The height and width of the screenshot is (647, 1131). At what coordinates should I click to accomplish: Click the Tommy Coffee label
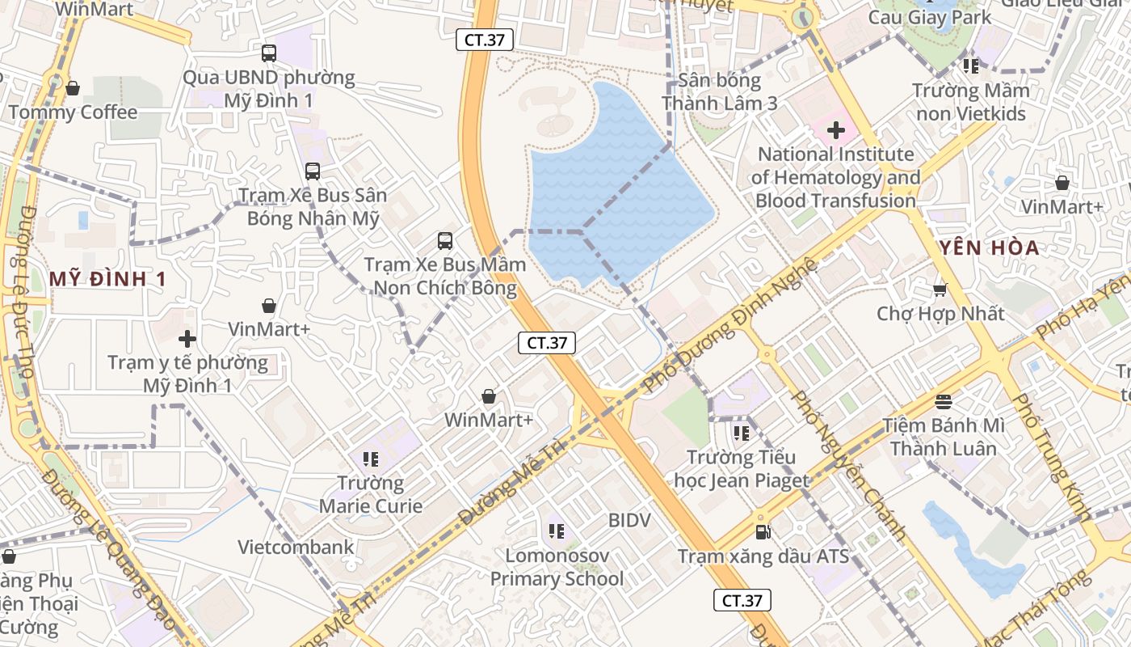(74, 112)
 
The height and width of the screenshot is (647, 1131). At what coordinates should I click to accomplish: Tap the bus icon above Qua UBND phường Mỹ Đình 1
(269, 53)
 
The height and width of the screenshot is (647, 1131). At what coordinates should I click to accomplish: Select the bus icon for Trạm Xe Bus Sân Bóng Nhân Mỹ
(313, 171)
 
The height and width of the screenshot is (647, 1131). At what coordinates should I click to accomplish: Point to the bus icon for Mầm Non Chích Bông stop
(445, 240)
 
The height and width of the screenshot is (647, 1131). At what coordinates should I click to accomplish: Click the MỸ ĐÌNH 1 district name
(107, 279)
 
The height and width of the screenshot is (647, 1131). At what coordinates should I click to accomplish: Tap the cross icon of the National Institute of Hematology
(836, 129)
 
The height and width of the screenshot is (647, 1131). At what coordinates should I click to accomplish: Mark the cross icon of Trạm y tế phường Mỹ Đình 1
(187, 338)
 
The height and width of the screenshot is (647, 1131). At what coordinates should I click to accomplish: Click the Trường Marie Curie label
(371, 495)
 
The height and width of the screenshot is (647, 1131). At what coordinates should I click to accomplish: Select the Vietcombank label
(296, 548)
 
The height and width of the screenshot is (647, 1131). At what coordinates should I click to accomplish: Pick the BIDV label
(629, 520)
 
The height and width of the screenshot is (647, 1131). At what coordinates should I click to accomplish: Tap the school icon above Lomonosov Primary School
(557, 531)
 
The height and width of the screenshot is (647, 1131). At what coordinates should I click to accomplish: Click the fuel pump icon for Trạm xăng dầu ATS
(763, 532)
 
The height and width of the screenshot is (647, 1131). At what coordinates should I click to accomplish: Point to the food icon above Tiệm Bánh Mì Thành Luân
(944, 401)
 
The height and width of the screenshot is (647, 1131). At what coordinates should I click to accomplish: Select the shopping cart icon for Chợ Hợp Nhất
(939, 289)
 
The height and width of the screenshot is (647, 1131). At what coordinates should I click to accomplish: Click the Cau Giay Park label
(930, 17)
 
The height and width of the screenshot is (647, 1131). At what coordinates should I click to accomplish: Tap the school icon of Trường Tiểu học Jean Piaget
(742, 433)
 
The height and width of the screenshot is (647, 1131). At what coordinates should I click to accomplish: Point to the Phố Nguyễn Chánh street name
(848, 465)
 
